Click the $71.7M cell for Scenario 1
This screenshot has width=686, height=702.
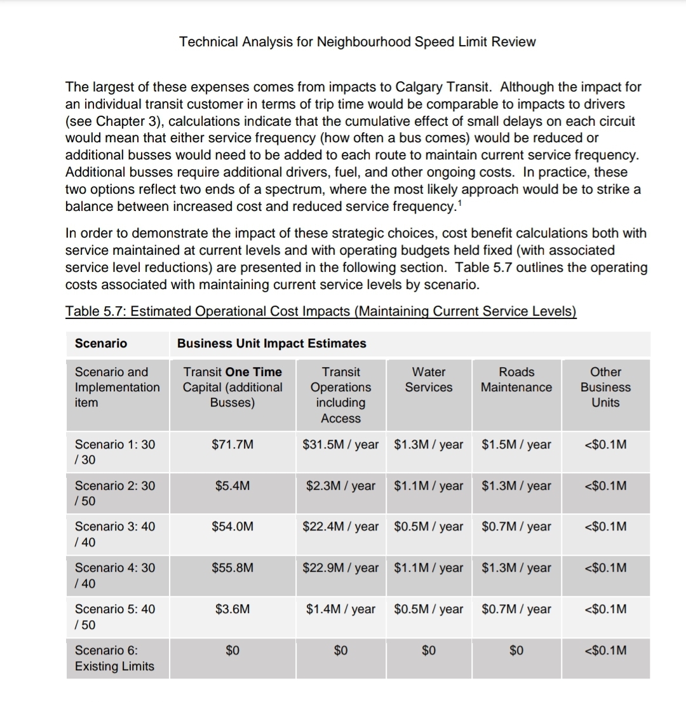pos(232,445)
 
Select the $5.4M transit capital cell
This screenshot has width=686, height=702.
pos(232,486)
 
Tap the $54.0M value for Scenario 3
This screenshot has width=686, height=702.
pos(232,527)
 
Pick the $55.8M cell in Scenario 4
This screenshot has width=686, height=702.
pos(232,568)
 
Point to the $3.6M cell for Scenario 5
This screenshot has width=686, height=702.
pos(232,609)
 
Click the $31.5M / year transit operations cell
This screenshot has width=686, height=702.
pos(340,445)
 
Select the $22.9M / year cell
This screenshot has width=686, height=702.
pos(340,568)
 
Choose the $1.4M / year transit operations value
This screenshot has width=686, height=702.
pos(340,609)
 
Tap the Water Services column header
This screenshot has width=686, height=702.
pos(429,380)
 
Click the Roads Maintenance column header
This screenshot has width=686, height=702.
pos(516,380)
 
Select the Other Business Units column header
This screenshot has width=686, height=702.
pos(605,388)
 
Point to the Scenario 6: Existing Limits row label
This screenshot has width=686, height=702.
pos(114,658)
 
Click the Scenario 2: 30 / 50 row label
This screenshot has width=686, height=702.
pos(114,494)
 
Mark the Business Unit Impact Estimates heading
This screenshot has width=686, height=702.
pos(271,344)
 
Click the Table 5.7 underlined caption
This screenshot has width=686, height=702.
pos(321,311)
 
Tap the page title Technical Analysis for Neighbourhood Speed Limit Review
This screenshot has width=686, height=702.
pos(357,42)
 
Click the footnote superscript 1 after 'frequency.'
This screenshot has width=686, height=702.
pos(459,202)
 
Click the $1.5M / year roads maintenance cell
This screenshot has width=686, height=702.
pos(516,445)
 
